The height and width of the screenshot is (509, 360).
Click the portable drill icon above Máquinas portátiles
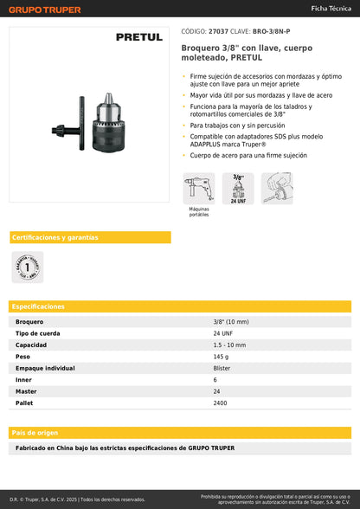(x=198, y=188)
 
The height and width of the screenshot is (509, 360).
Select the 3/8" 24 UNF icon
(x=237, y=188)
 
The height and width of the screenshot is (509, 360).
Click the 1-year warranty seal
(x=27, y=267)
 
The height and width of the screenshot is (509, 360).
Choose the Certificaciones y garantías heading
(x=54, y=237)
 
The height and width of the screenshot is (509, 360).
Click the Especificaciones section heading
(x=39, y=306)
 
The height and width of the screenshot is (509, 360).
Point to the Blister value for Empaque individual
(x=198, y=368)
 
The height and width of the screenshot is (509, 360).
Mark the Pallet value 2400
(x=197, y=403)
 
